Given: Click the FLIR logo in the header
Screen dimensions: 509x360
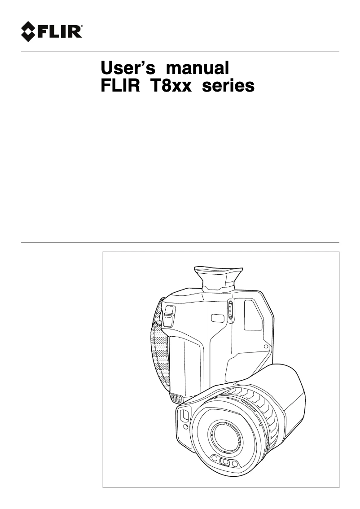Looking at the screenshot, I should tap(52, 31).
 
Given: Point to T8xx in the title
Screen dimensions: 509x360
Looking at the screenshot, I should tap(172, 85).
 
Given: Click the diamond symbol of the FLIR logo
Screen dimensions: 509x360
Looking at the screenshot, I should tap(30, 31).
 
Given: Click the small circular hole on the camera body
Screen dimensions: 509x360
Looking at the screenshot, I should tap(266, 347).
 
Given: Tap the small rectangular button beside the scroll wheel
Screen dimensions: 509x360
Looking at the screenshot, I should tap(218, 318).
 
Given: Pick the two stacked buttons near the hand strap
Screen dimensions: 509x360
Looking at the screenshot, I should tap(169, 316).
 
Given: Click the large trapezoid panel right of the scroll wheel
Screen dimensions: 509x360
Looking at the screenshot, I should tap(253, 316).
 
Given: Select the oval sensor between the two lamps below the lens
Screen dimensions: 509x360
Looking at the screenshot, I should tap(226, 462).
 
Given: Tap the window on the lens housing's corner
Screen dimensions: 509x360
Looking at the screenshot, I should tap(184, 415).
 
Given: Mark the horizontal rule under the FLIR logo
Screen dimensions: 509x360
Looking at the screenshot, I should tap(180, 52).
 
